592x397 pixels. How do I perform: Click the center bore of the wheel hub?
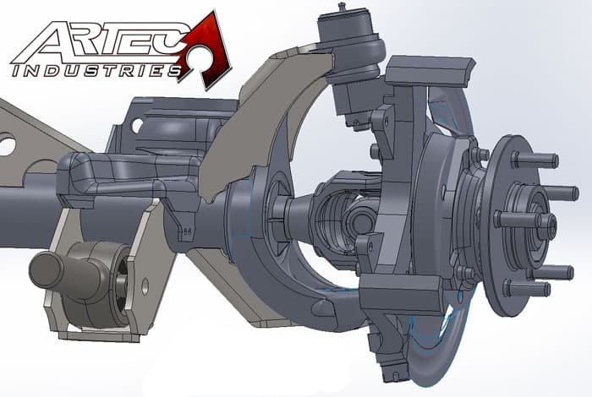tap(541, 225)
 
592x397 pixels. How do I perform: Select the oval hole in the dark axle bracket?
tap(137, 124)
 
